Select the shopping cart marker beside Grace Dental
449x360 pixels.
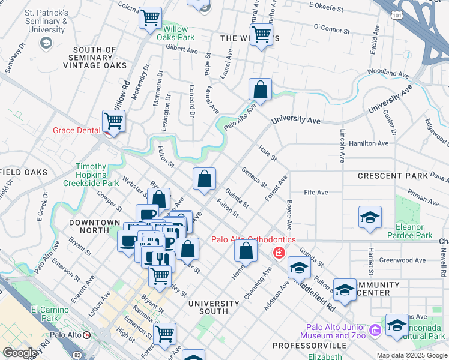tap(113, 122)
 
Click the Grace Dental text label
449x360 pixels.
tap(76, 130)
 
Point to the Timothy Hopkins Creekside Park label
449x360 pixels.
tap(99, 175)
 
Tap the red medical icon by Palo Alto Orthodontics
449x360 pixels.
tap(278, 253)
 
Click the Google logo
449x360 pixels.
tap(19, 353)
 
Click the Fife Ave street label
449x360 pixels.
tap(316, 193)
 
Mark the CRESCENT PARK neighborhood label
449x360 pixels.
tap(393, 176)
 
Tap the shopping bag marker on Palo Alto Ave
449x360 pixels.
tap(260, 90)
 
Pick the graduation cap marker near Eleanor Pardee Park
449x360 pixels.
tap(370, 218)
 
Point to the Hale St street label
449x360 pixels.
tap(267, 153)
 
